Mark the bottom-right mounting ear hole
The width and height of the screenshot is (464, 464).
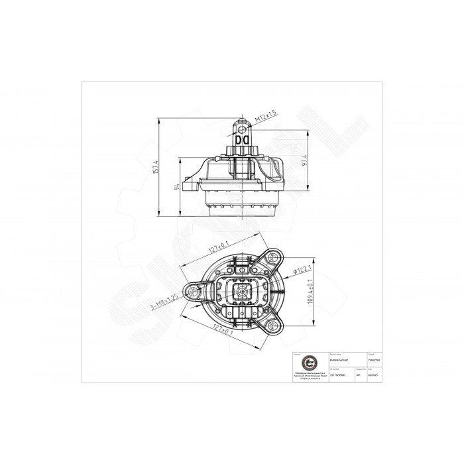coord(271,326)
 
